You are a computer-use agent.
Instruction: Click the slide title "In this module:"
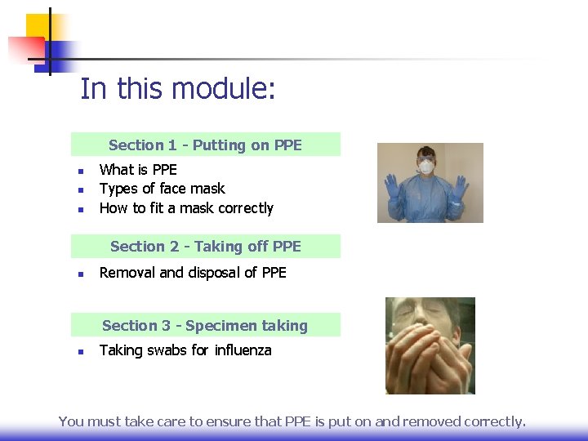[177, 88]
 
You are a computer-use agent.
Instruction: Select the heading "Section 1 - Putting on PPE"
[205, 145]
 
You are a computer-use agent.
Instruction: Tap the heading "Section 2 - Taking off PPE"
[205, 247]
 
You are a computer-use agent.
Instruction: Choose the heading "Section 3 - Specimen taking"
[205, 326]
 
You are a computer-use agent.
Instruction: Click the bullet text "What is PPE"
[138, 169]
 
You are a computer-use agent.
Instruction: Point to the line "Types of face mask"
[162, 189]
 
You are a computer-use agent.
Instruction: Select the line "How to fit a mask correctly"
[186, 208]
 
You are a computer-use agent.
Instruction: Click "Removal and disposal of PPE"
[193, 273]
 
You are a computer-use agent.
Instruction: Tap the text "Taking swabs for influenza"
[185, 350]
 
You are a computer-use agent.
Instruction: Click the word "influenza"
[243, 350]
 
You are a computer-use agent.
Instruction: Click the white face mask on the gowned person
[425, 167]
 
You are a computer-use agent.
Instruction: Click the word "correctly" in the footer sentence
[494, 421]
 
